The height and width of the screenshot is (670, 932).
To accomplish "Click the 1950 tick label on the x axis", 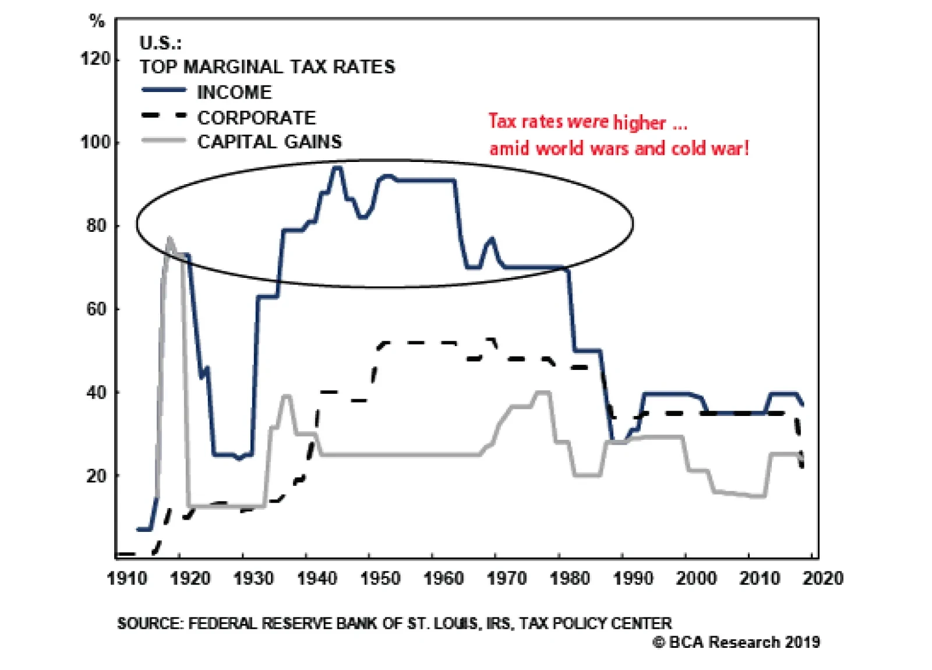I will pyautogui.click(x=380, y=579).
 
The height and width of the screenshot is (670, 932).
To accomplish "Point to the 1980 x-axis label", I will pyautogui.click(x=570, y=579).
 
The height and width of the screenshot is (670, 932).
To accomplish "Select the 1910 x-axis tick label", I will pyautogui.click(x=127, y=579).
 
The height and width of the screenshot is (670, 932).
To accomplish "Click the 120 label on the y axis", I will pyautogui.click(x=95, y=59).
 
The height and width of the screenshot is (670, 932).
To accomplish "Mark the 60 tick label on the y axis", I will pyautogui.click(x=97, y=309).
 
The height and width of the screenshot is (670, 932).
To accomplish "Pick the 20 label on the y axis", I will pyautogui.click(x=97, y=475).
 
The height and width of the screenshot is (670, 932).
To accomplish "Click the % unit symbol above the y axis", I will pyautogui.click(x=97, y=22).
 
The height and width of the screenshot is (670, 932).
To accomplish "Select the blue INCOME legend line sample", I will pyautogui.click(x=164, y=90).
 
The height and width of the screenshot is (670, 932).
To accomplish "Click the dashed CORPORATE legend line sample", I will pyautogui.click(x=164, y=116).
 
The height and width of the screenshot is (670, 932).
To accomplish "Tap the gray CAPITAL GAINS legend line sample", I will pyautogui.click(x=164, y=140).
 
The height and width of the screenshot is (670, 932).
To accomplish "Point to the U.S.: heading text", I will pyautogui.click(x=160, y=43).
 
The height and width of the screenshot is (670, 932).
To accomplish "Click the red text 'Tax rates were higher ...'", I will pyautogui.click(x=587, y=122).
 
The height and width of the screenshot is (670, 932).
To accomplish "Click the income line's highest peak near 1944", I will pyautogui.click(x=337, y=168).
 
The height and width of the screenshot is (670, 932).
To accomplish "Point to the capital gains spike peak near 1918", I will pyautogui.click(x=170, y=238).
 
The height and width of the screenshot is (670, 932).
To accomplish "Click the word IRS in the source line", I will pyautogui.click(x=499, y=623).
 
